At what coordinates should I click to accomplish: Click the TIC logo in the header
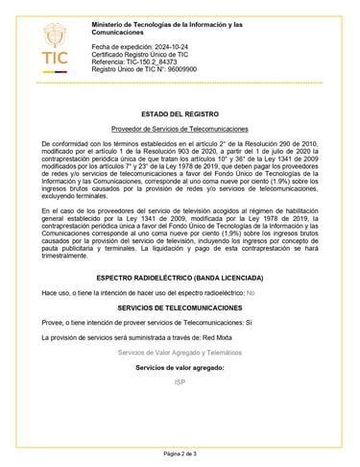pyautogui.click(x=55, y=48)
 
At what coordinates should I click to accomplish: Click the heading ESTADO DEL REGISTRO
pyautogui.click(x=180, y=114)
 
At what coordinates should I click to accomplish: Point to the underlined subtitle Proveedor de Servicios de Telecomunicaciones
pyautogui.click(x=180, y=129)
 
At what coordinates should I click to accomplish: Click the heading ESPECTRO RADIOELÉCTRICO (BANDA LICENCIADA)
pyautogui.click(x=180, y=277)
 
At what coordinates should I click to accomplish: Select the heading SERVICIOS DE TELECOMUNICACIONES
pyautogui.click(x=180, y=307)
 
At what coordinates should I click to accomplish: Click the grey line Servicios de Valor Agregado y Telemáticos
pyautogui.click(x=180, y=353)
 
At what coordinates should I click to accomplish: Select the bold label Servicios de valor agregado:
pyautogui.click(x=180, y=368)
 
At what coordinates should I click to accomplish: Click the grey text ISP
pyautogui.click(x=180, y=382)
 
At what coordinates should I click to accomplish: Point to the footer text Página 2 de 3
pyautogui.click(x=180, y=453)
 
